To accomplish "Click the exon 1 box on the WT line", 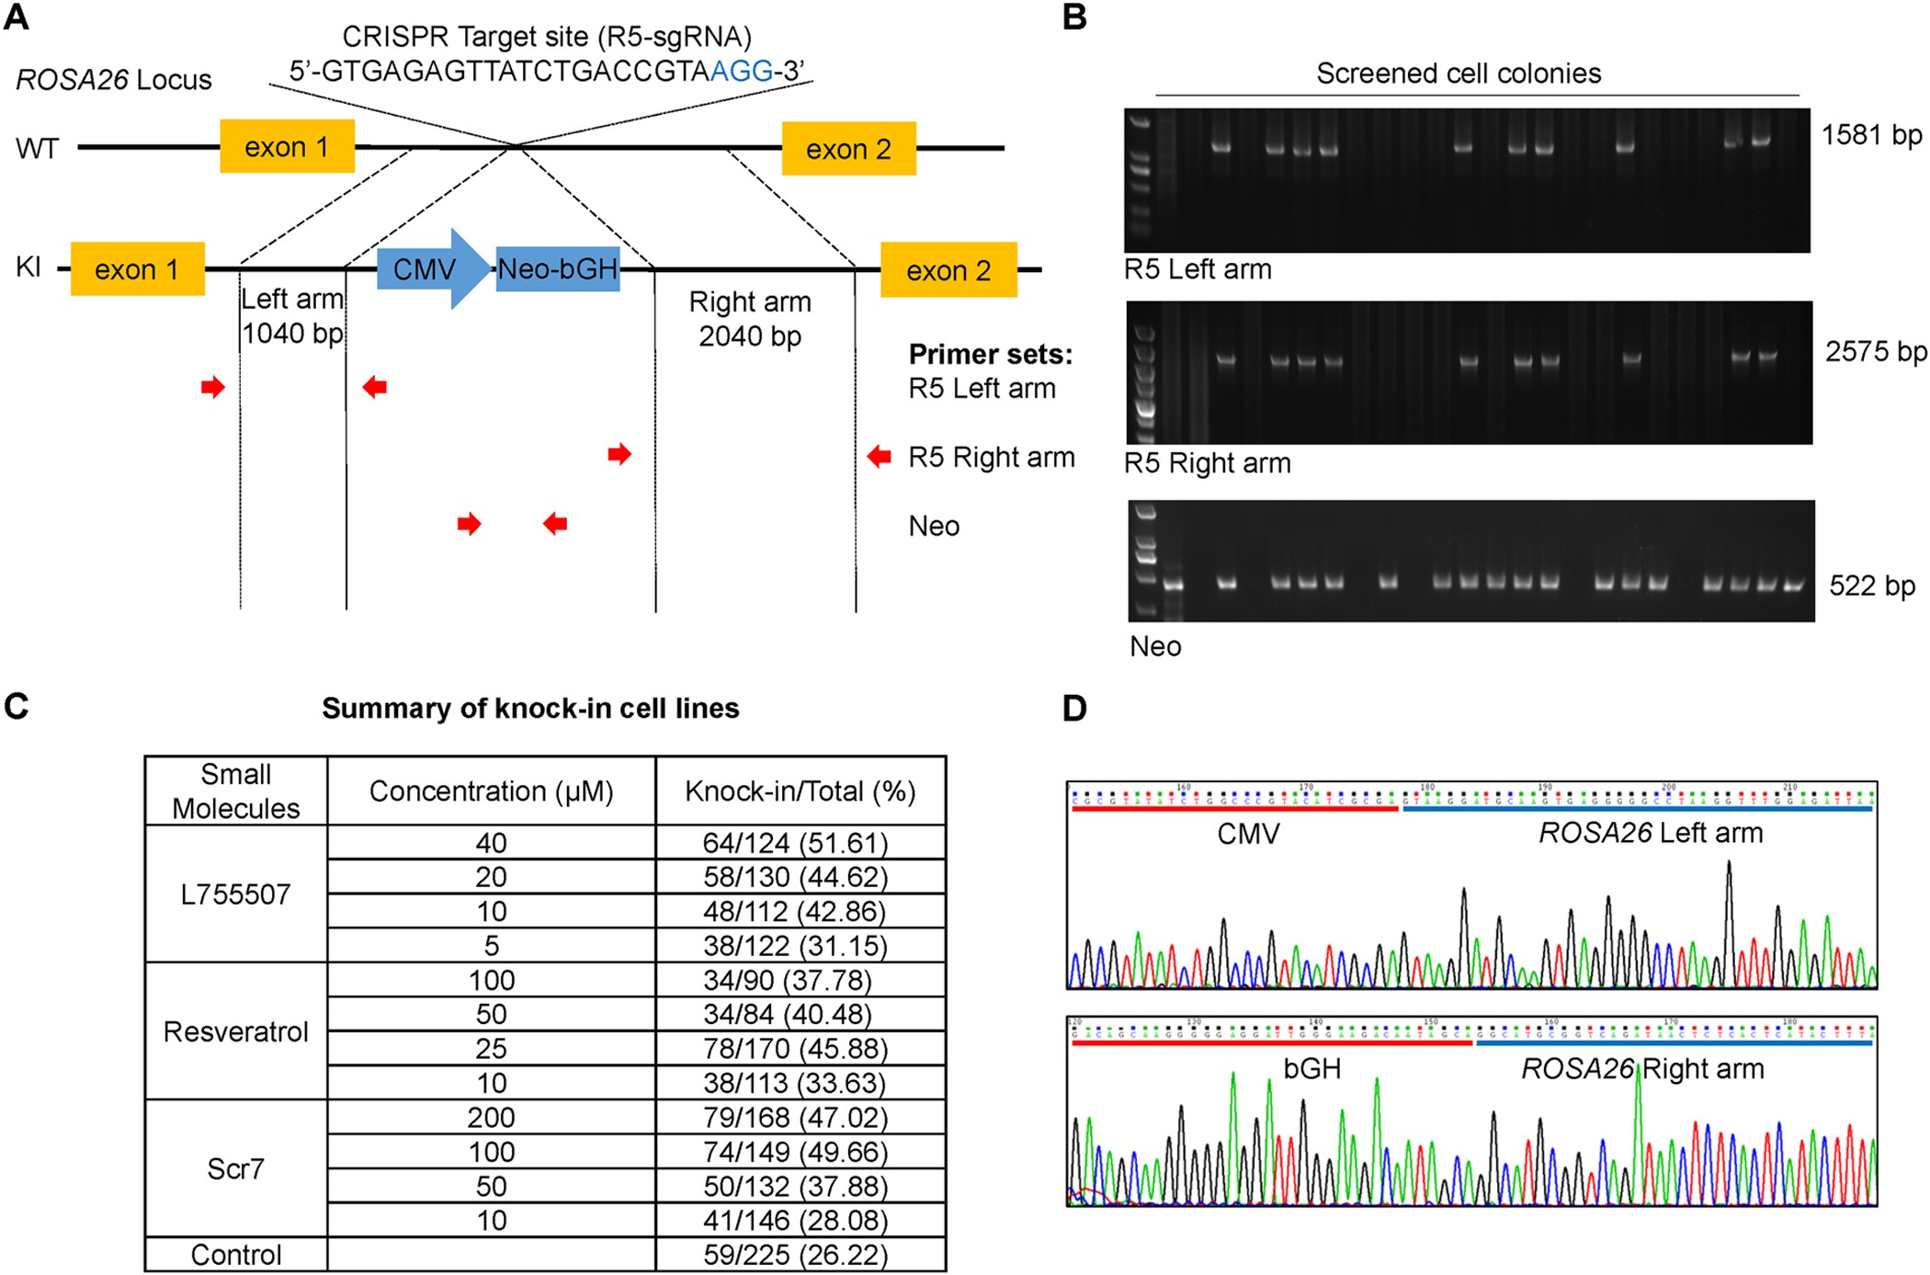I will pos(287,146).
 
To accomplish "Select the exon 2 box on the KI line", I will pos(948,270).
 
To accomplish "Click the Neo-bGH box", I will pos(558,269).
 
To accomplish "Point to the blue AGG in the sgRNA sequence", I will pos(742,71).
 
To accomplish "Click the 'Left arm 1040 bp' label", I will pos(292,316).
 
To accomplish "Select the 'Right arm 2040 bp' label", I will pos(750,319).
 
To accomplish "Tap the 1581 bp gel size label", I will pos(1871,135).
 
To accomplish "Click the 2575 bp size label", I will pos(1875,351).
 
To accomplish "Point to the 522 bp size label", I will pos(1872,586).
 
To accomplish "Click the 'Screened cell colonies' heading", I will pos(1459,74).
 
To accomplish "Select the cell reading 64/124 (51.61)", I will pos(796,842).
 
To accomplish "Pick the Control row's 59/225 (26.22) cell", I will pos(796,1255).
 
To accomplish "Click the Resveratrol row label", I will pos(235,1031).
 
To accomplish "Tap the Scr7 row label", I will pos(235,1168).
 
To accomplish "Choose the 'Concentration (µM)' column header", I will pos(491,791).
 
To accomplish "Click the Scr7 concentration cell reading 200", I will pos(491,1117).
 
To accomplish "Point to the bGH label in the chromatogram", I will pos(1311,1068).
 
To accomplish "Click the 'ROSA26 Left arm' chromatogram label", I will pos(1651,833).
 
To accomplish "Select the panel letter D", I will pos(1074,708).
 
